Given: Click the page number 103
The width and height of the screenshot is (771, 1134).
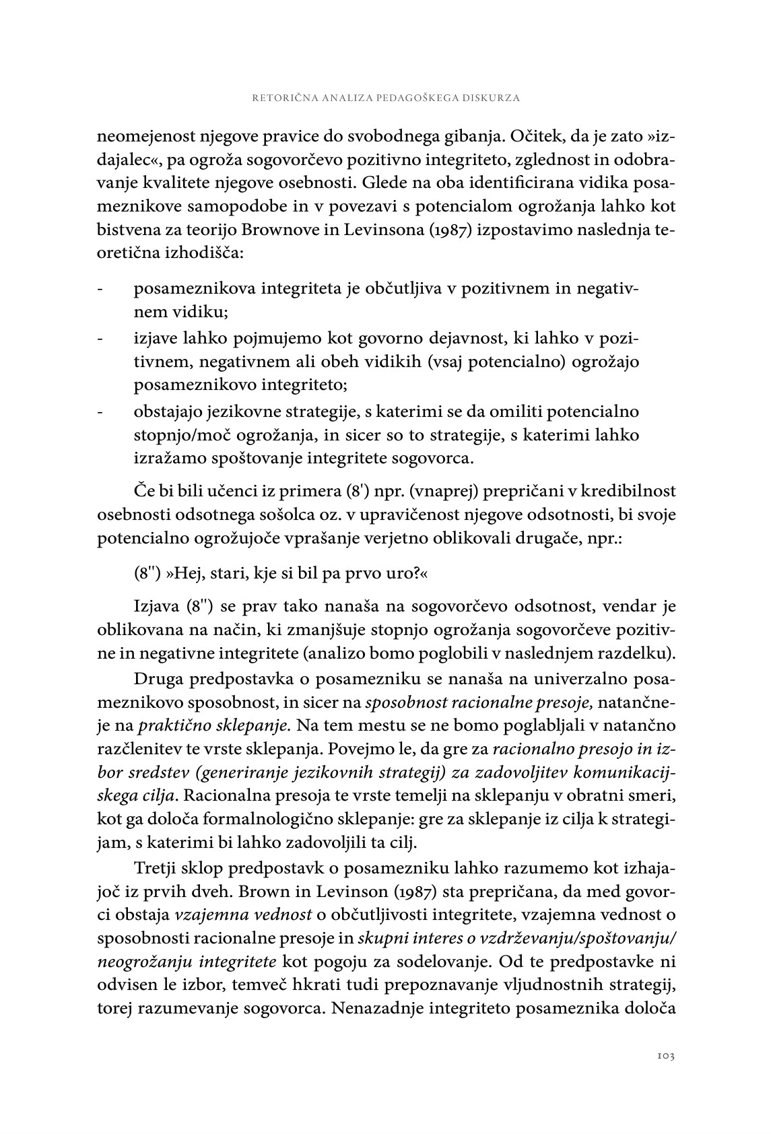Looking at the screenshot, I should click(x=665, y=1056).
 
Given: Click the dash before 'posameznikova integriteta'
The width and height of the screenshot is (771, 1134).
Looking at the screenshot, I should click(x=100, y=290).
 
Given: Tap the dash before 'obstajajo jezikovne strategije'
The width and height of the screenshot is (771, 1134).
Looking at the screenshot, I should click(x=100, y=411).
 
